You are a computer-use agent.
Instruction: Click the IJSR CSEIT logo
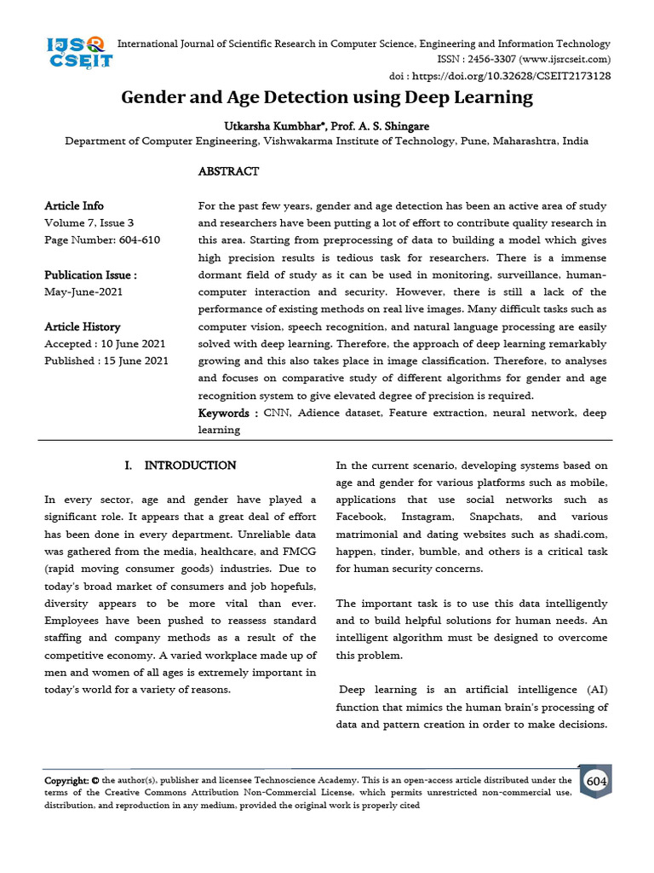[x=77, y=51]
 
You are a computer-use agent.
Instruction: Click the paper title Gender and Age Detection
[x=327, y=97]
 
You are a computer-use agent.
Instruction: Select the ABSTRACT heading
[x=228, y=171]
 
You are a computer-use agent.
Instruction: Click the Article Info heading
[x=74, y=205]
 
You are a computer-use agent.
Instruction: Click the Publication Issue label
[x=90, y=275]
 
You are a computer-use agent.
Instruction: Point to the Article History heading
[x=82, y=327]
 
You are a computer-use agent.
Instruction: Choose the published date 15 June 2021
[x=134, y=361]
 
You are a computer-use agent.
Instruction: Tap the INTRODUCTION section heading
[x=190, y=465]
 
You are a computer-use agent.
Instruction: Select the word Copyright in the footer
[x=66, y=780]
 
